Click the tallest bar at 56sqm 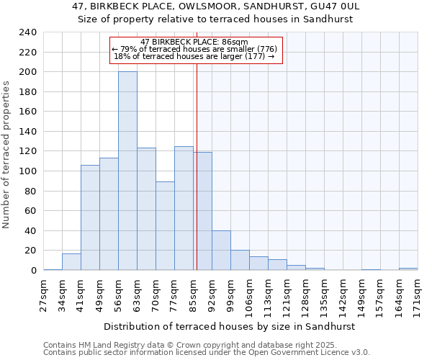pyautogui.click(x=127, y=171)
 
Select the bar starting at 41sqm pyautogui.click(x=90, y=217)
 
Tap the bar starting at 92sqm pyautogui.click(x=221, y=251)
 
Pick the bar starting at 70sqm pyautogui.click(x=165, y=226)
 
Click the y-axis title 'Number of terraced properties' pyautogui.click(x=6, y=155)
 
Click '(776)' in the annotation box pyautogui.click(x=266, y=49)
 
